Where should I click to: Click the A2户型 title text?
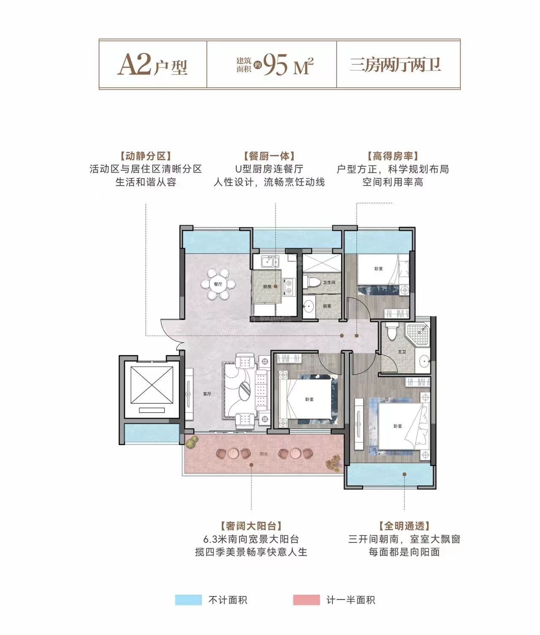(152, 65)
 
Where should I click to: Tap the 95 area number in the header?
(275, 65)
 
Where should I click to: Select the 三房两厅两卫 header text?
(395, 65)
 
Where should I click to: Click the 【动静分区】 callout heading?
(146, 156)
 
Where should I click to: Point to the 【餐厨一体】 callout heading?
(269, 156)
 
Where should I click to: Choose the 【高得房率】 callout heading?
(393, 156)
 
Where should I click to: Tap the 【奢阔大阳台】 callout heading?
(251, 526)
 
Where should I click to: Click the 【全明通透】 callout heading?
(404, 526)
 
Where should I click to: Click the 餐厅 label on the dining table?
(218, 284)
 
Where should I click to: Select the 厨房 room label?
(267, 286)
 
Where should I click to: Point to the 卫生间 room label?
(329, 282)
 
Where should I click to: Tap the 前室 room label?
(327, 306)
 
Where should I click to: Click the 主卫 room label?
(402, 352)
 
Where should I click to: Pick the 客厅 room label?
(207, 394)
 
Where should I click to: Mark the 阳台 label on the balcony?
(264, 454)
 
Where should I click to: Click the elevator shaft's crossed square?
(152, 385)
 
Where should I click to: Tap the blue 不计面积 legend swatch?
(188, 600)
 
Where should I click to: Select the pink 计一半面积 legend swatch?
(306, 600)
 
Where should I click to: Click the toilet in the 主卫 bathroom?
(391, 331)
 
